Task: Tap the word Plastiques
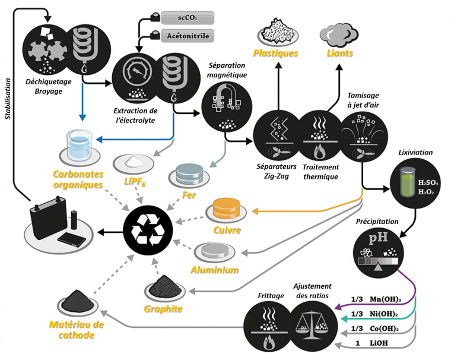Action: (x=275, y=53)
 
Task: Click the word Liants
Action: (x=340, y=53)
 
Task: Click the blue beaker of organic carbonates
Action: (x=79, y=146)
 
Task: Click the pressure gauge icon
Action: (x=136, y=77)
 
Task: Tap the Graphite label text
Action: (x=163, y=309)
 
